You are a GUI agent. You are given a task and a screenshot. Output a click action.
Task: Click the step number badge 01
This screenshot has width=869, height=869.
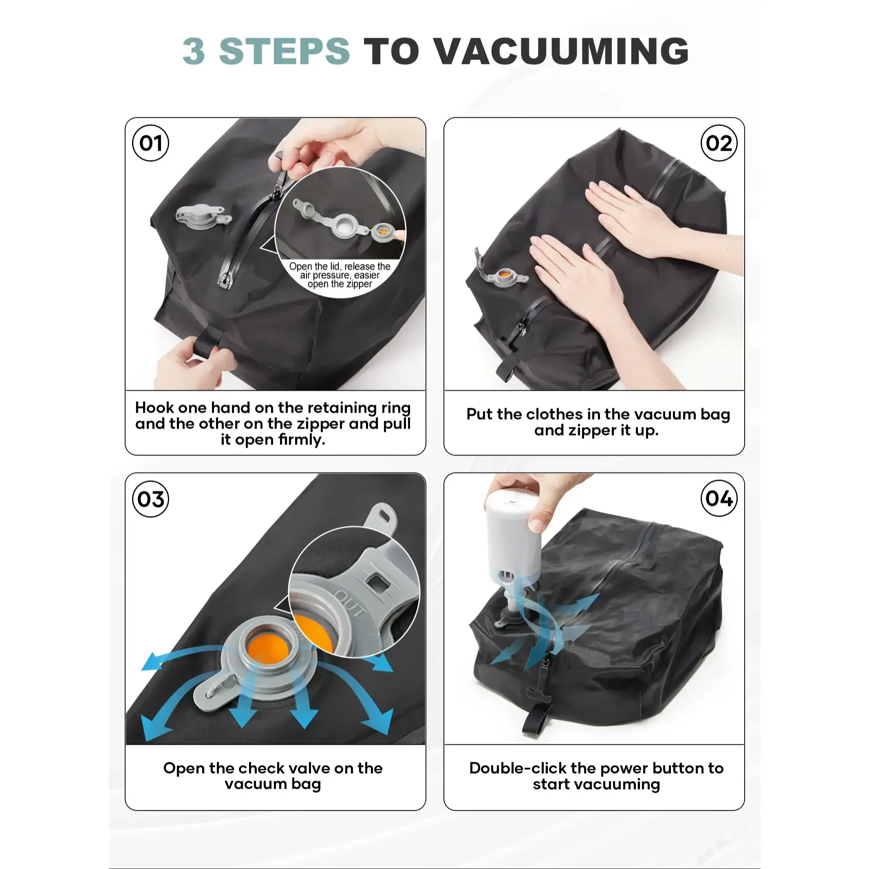[x=151, y=143]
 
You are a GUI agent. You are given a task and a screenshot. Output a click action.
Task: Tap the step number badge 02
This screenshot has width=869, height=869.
[x=719, y=143]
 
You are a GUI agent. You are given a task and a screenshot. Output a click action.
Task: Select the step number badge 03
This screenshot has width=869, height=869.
[x=151, y=499]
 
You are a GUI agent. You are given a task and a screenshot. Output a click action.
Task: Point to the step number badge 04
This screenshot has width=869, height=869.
[x=719, y=498]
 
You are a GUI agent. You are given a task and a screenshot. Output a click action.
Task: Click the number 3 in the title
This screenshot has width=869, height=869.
[x=194, y=51]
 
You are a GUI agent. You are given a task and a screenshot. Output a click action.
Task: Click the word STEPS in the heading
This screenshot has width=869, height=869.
[x=284, y=51]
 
